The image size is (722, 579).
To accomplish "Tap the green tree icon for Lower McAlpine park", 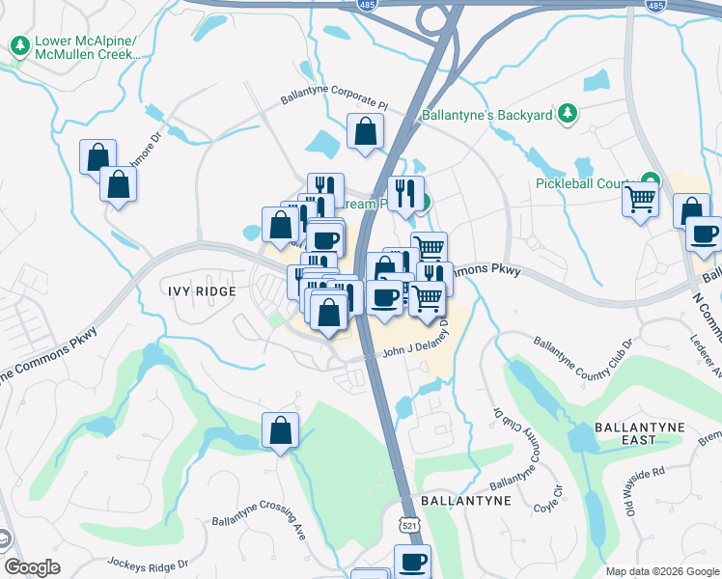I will click(19, 44).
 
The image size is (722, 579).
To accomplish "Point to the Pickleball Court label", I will click(584, 183).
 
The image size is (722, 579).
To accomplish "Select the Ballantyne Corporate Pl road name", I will click(334, 96).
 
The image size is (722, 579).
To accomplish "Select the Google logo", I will click(33, 567).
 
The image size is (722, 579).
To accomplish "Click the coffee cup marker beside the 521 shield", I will click(413, 560).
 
